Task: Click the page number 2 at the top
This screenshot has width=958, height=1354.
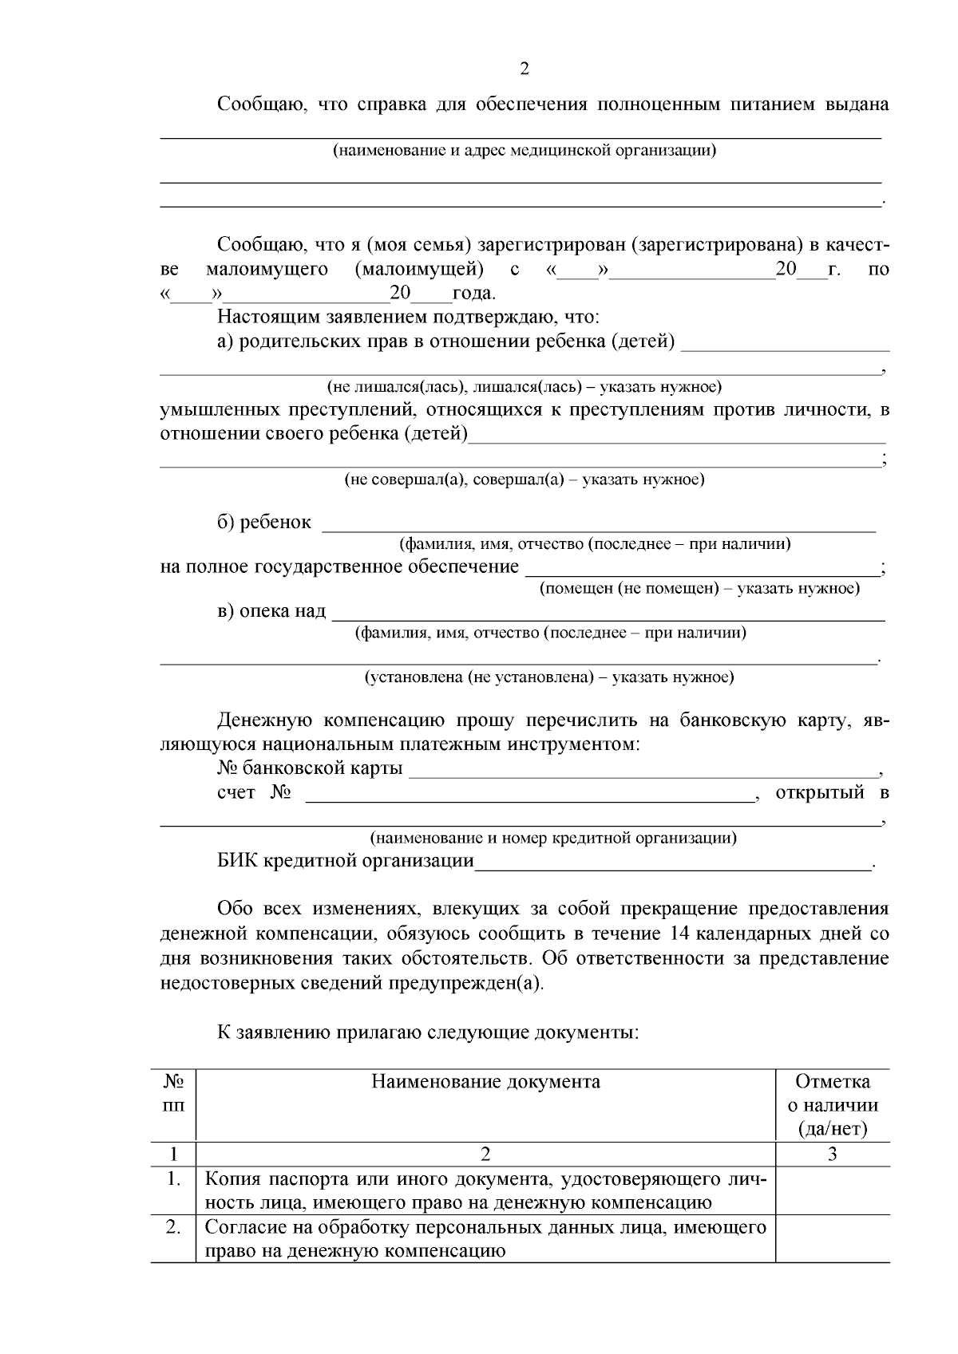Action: [524, 69]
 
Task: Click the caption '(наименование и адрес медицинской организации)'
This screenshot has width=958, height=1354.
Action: [524, 150]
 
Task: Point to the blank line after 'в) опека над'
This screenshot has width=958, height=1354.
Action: [608, 614]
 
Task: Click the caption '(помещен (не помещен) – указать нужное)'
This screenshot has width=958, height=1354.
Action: [699, 588]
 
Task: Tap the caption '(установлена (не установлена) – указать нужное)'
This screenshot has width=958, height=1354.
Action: [549, 677]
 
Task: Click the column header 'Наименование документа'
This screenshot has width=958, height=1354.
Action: [485, 1082]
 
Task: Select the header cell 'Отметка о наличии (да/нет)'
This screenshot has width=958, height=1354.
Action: [833, 1105]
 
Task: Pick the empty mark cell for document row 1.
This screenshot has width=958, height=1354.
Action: [833, 1190]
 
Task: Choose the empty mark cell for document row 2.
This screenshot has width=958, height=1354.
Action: [833, 1238]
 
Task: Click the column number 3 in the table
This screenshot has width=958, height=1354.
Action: [833, 1154]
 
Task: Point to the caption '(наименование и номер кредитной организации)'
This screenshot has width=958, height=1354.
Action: [552, 838]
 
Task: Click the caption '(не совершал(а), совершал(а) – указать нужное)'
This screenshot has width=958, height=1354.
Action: [524, 480]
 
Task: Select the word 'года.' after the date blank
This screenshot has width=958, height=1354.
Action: [474, 294]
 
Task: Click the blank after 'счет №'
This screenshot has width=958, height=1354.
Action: [530, 794]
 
